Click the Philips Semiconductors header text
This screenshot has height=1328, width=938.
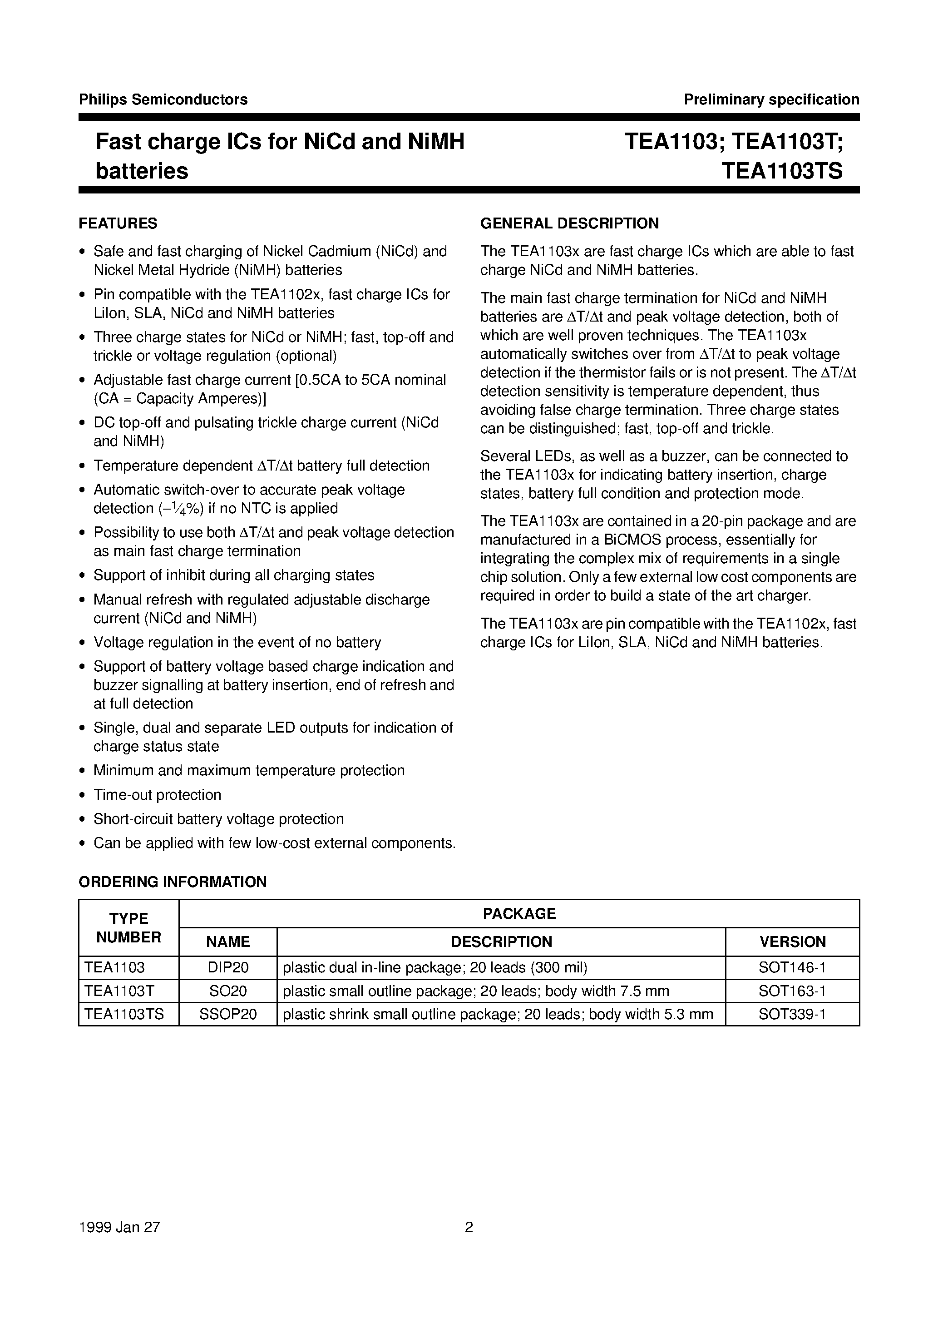point(163,99)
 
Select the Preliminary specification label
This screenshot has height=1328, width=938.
point(771,99)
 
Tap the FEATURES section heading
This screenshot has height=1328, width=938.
point(118,223)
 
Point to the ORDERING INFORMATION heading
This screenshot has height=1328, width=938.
point(173,882)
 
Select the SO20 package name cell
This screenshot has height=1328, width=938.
point(228,991)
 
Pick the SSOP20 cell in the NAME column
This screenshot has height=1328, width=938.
point(228,1014)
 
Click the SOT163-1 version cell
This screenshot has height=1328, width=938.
point(792,991)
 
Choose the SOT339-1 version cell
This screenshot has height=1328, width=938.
point(792,1014)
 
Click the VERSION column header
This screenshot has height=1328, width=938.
point(792,941)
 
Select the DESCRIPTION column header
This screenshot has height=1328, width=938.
point(501,941)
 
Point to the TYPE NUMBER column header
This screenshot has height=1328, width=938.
point(128,928)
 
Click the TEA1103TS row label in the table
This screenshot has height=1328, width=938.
point(124,1014)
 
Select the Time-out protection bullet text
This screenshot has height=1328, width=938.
point(157,795)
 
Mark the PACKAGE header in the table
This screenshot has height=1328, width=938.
point(519,913)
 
